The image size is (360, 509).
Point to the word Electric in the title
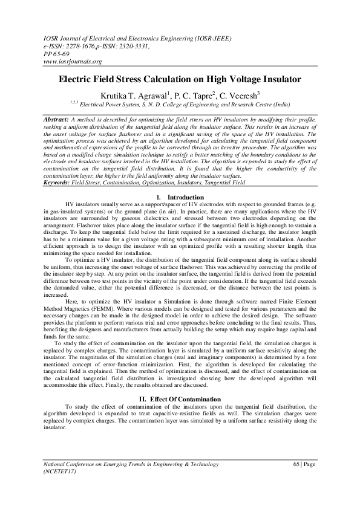[77, 79]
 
